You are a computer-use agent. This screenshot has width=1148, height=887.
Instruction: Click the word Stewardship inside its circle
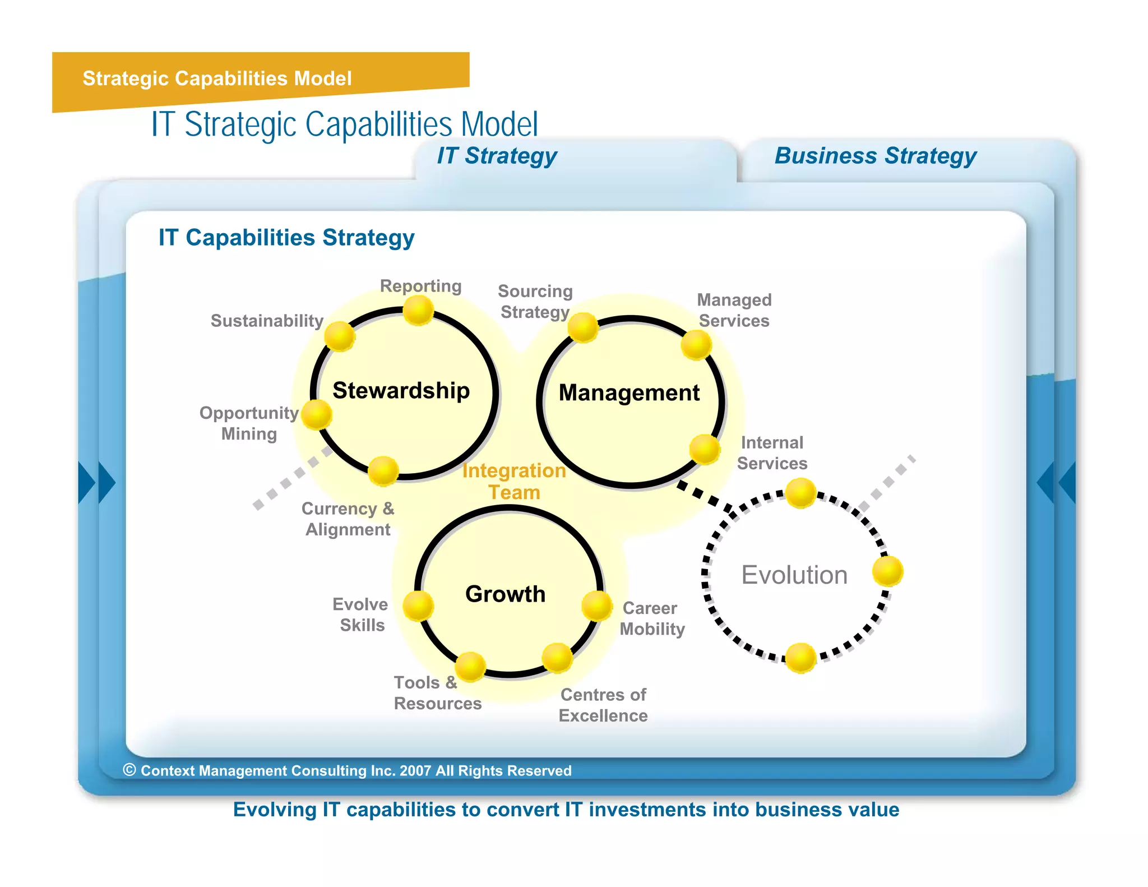tap(401, 390)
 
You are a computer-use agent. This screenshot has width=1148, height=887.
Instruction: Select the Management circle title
tap(629, 392)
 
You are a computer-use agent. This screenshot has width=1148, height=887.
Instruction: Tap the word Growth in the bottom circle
tap(505, 594)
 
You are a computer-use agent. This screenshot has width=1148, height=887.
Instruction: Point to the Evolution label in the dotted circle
tap(794, 575)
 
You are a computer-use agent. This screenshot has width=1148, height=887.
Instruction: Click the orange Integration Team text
tap(514, 481)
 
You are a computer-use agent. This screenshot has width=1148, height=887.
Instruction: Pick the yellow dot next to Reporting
tap(418, 310)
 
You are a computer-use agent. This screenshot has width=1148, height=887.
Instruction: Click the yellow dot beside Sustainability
tap(340, 336)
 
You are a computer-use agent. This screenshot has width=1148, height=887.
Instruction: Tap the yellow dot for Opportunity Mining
tap(317, 415)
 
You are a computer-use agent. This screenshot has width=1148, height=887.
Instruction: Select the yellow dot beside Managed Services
tap(696, 344)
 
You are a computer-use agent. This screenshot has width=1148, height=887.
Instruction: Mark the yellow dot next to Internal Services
tap(705, 449)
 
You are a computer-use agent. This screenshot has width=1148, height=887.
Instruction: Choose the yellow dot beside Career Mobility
tap(597, 606)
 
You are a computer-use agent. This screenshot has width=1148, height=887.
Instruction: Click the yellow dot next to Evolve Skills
tap(418, 606)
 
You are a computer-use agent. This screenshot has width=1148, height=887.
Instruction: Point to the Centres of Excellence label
tap(603, 705)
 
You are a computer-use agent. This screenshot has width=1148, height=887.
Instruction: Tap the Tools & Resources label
tap(437, 693)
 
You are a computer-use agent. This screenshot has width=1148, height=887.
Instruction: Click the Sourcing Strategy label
tap(535, 302)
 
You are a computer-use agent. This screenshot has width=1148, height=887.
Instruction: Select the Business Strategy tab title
tap(875, 156)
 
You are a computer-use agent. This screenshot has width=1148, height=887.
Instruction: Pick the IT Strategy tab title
tap(497, 156)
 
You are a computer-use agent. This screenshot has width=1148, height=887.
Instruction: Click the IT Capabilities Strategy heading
tap(286, 238)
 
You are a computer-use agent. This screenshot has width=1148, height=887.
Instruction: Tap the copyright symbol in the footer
tap(129, 770)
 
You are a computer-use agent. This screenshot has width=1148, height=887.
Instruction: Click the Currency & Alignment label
tap(348, 519)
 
